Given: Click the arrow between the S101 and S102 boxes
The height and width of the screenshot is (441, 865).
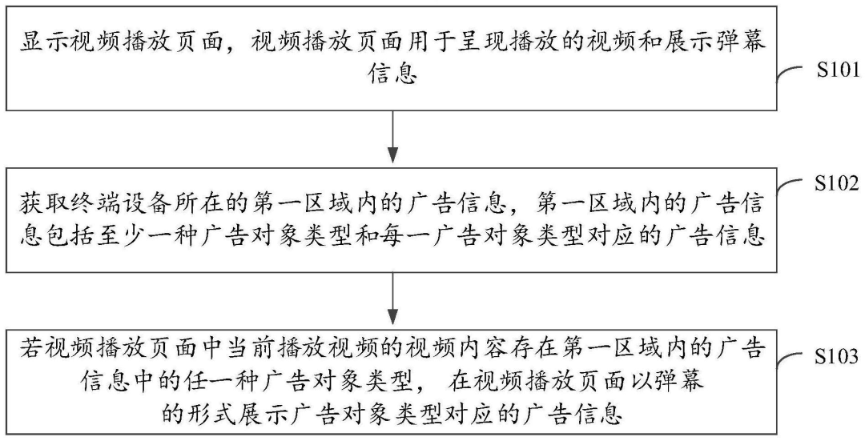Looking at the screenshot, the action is coord(392,137).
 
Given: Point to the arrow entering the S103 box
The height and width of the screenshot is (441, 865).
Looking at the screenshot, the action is coord(392,299).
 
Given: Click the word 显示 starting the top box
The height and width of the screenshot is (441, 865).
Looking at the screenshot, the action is coord(38,43).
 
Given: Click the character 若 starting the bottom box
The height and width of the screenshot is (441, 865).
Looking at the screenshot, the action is coord(30,350).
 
